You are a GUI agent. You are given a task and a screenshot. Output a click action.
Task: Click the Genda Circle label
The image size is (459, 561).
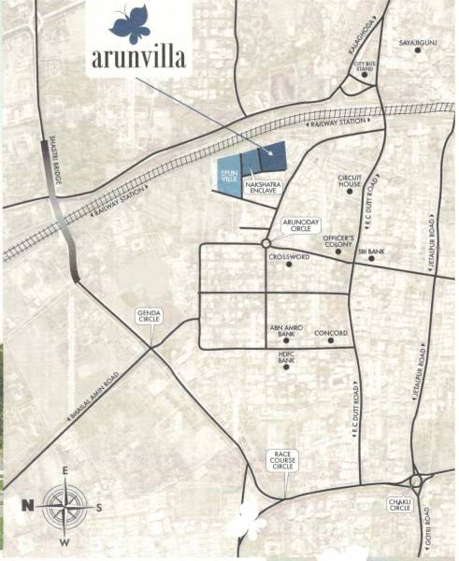pyautogui.click(x=150, y=316)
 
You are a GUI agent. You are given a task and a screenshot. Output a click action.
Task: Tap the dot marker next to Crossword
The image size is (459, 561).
pyautogui.click(x=290, y=265)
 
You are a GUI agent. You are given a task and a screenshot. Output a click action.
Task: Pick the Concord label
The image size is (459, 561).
pyautogui.click(x=331, y=332)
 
